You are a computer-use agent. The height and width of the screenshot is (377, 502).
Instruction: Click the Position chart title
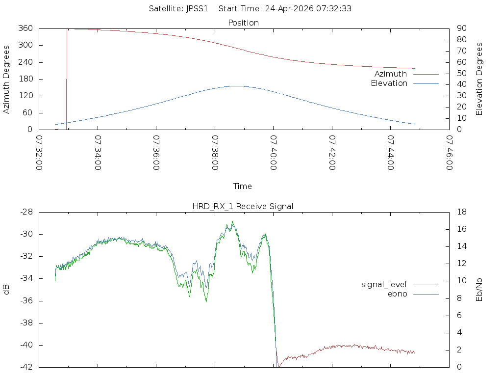tap(243, 23)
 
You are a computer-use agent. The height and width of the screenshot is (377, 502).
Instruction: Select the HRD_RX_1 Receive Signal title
tap(243, 206)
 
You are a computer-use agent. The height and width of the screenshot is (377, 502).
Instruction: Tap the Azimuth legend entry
tap(391, 74)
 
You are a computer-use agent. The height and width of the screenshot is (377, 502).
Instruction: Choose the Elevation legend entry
tap(389, 83)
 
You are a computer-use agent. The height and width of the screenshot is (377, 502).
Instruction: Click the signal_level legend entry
tap(384, 284)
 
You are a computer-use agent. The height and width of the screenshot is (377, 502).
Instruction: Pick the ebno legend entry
tap(397, 294)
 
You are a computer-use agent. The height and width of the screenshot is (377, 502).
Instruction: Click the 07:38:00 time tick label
tap(215, 153)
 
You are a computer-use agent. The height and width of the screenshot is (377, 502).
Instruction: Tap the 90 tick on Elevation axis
tap(461, 28)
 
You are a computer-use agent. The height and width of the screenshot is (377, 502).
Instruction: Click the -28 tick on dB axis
tap(26, 212)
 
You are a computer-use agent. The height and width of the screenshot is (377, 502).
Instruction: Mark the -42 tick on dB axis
tap(26, 367)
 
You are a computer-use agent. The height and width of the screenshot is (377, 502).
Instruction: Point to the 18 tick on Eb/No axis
tap(461, 212)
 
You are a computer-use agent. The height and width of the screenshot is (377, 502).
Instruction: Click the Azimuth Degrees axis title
tap(7, 79)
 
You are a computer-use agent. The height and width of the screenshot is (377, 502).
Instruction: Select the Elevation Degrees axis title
tap(479, 79)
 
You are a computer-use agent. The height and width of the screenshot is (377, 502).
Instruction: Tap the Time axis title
tap(243, 186)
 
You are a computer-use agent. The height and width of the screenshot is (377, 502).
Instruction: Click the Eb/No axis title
tap(479, 290)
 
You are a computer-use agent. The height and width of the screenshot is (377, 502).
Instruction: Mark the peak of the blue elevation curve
tap(236, 86)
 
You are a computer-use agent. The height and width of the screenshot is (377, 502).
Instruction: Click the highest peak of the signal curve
tap(232, 221)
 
